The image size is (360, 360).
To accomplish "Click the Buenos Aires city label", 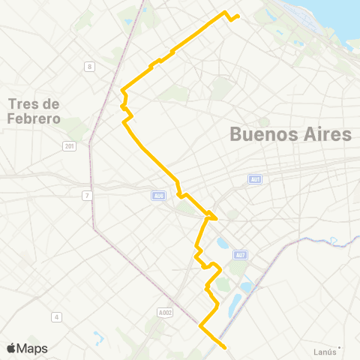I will point(290,135).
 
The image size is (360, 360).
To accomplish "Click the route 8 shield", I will point(90,67).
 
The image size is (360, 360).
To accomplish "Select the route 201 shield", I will point(70,146).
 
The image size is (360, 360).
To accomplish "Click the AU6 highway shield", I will point(157,196).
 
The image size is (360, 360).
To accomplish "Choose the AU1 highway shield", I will point(256,179).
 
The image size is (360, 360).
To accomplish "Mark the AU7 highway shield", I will point(239,255).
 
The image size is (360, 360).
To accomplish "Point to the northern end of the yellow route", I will point(238,16).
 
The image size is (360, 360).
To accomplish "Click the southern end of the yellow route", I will point(225,347).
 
